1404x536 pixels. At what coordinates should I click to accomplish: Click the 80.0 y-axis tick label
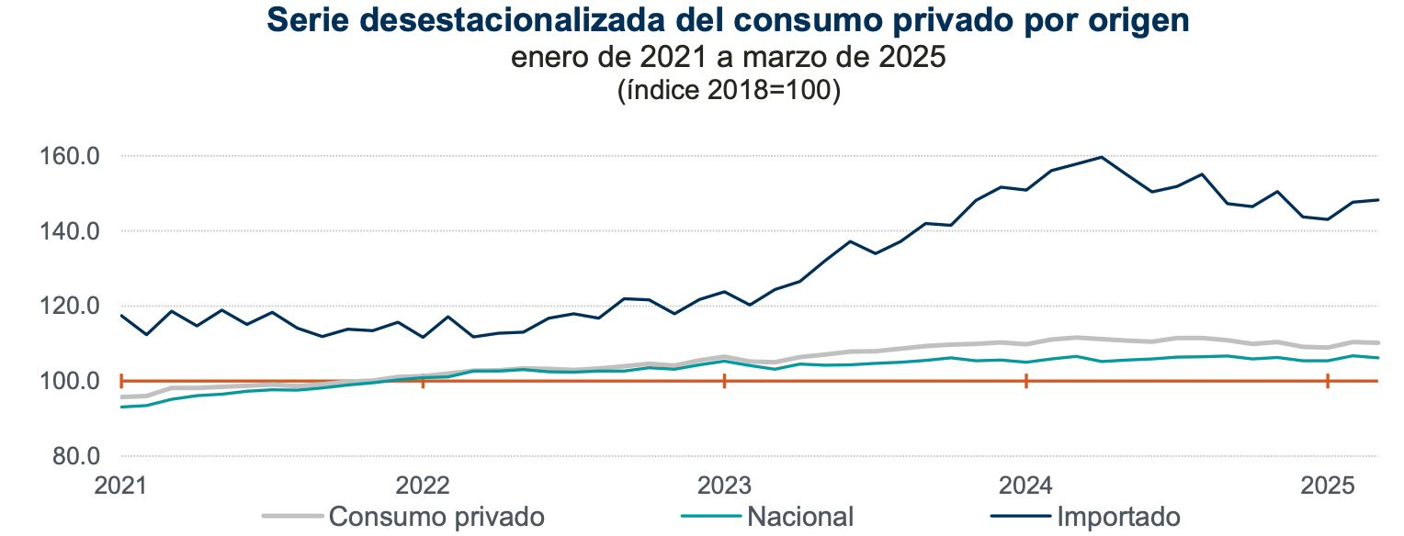(75, 456)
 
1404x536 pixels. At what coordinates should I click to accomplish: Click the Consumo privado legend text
(436, 517)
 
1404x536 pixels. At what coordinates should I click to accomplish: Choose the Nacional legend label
(800, 517)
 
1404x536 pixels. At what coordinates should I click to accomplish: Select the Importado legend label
(1118, 517)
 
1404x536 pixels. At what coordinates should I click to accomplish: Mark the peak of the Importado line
(1101, 157)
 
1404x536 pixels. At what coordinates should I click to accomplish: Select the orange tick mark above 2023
(724, 381)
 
